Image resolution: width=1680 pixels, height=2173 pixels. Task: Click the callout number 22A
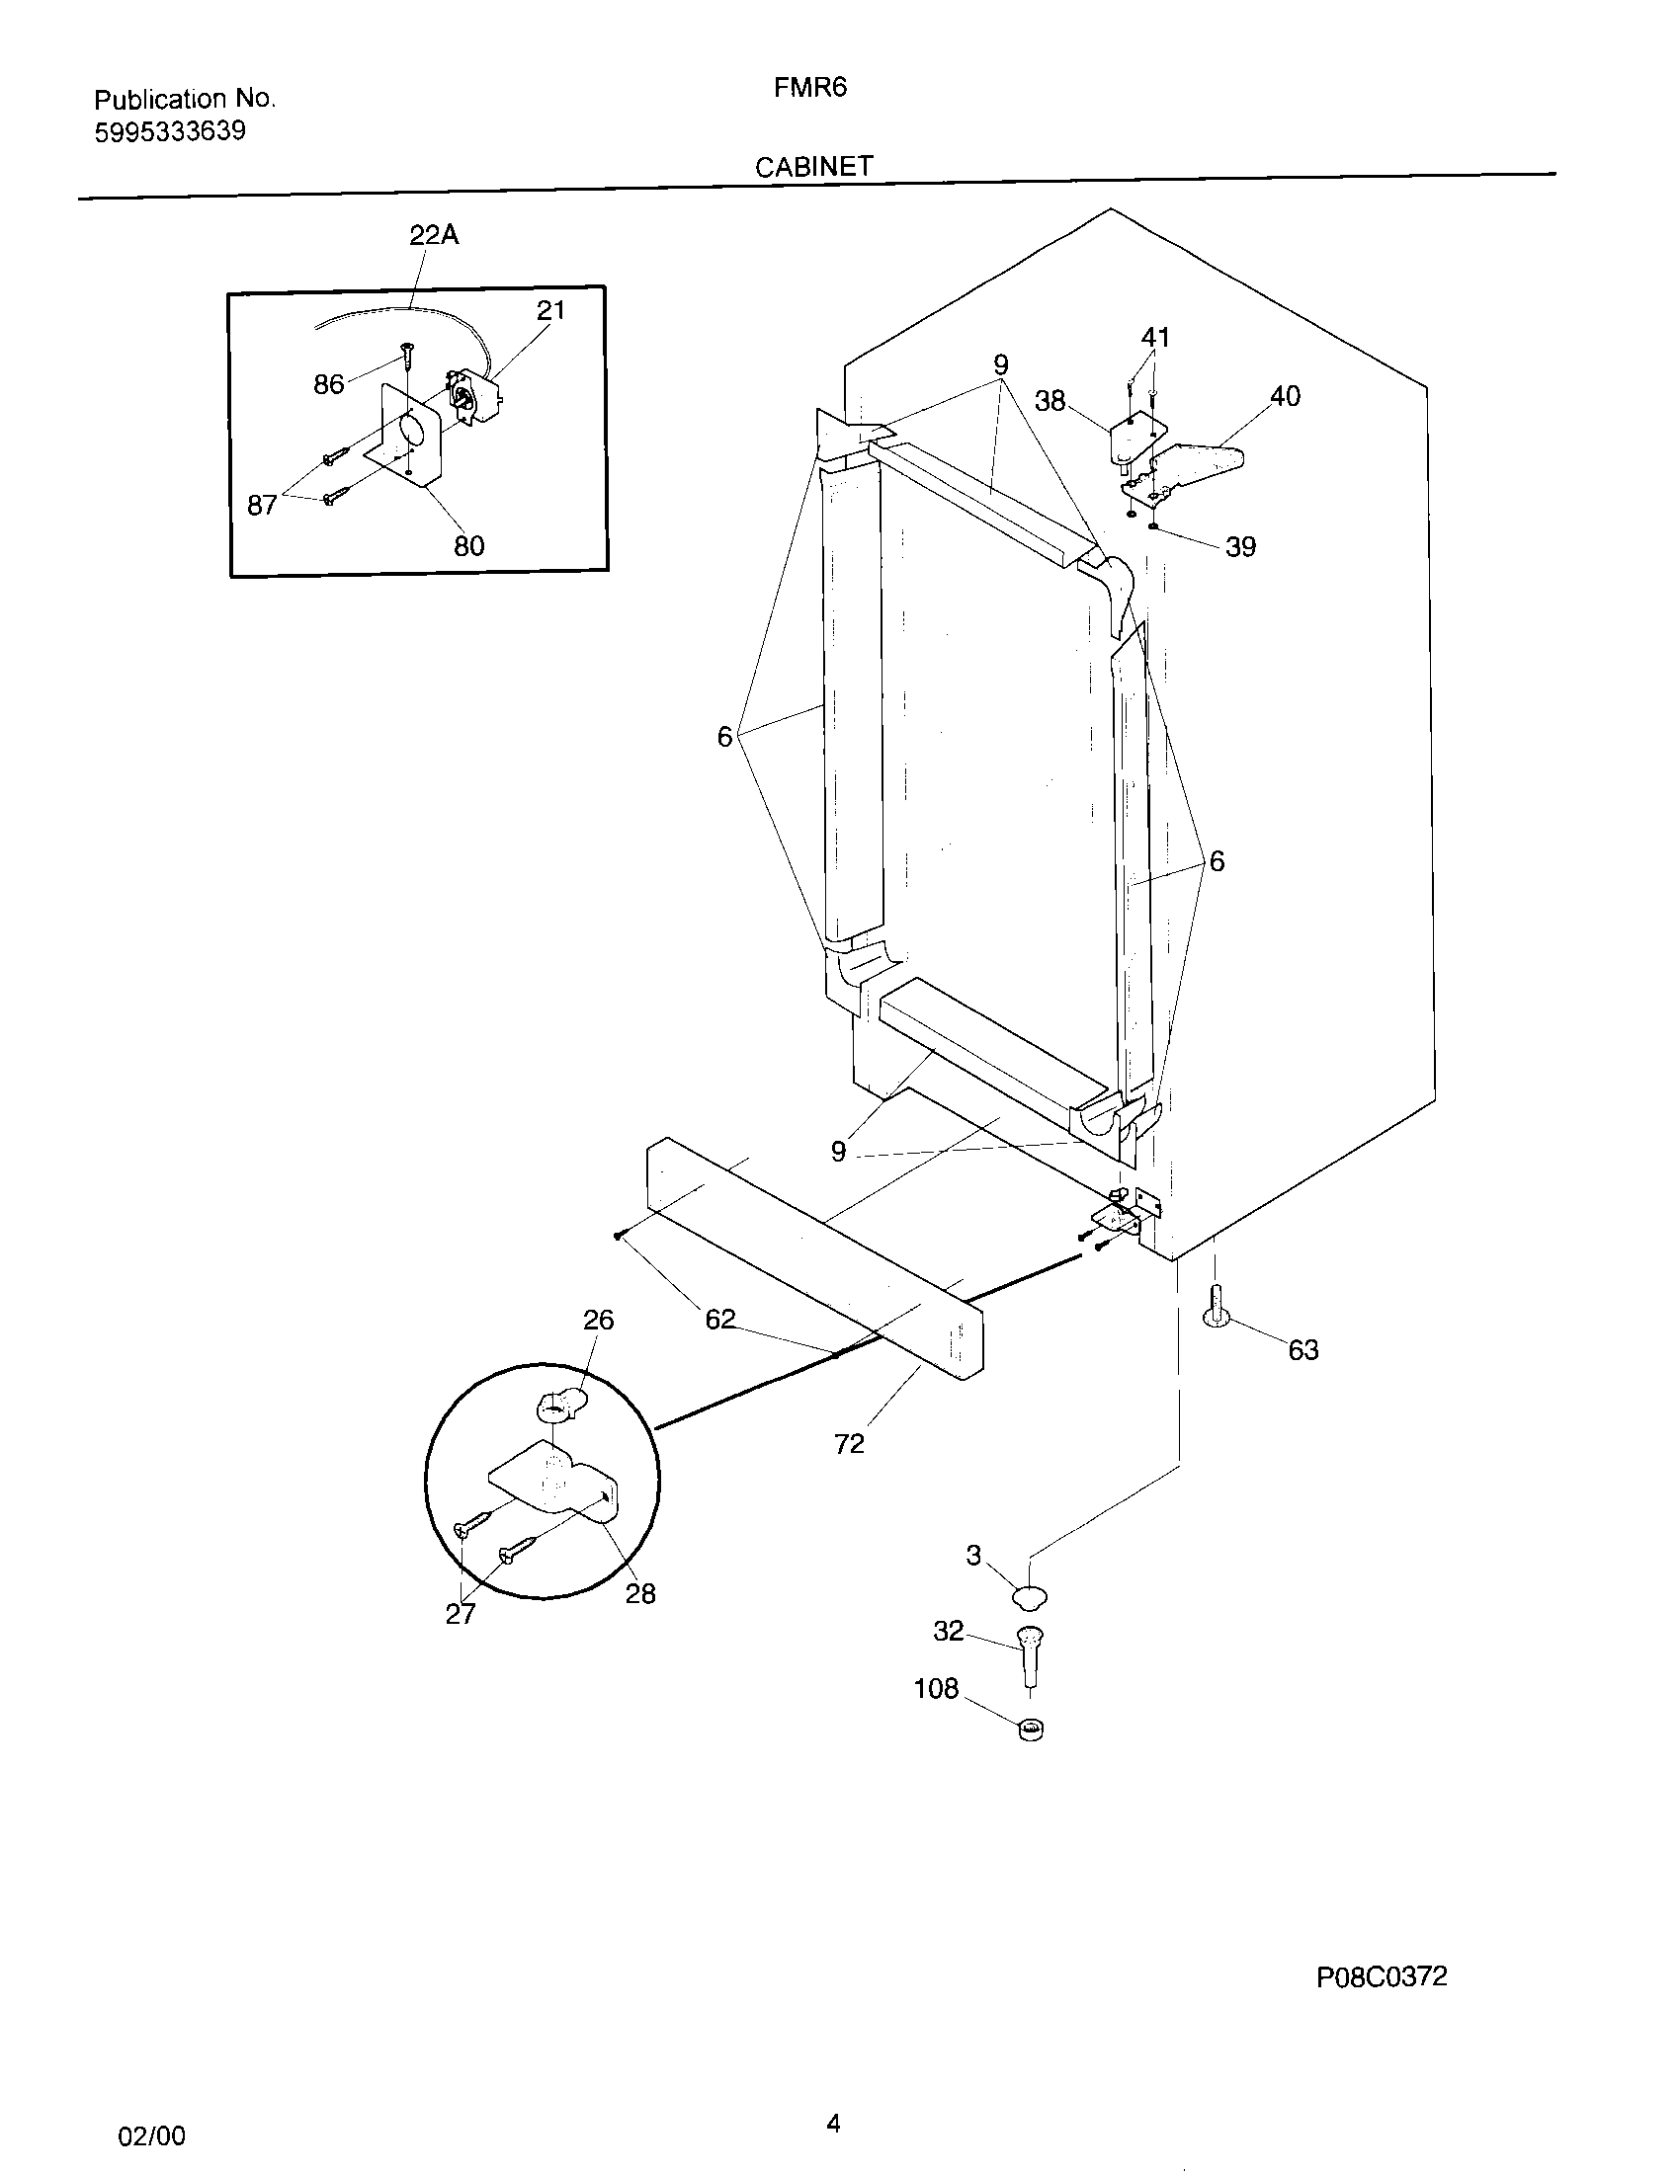[x=434, y=235]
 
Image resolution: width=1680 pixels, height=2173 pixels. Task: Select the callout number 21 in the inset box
[x=550, y=310]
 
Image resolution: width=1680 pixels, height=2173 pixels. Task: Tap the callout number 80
[x=468, y=545]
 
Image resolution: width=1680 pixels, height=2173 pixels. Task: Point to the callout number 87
[x=262, y=506]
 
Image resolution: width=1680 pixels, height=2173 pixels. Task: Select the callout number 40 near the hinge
[x=1285, y=396]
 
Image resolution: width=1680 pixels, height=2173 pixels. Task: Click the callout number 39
[x=1240, y=546]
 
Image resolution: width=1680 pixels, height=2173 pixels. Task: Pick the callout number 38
[x=1050, y=401]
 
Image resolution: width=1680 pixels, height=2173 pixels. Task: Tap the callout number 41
[x=1155, y=337]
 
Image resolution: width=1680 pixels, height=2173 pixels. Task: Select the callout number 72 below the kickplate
[x=849, y=1444]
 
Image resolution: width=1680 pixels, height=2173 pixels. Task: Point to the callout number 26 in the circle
[x=598, y=1321]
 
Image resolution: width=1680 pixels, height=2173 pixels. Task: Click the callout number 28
[x=640, y=1594]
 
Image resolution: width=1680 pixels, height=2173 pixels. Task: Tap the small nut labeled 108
[x=1031, y=1730]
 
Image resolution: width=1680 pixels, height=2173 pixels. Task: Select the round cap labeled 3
[x=1030, y=1597]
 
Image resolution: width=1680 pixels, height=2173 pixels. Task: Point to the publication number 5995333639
[x=170, y=132]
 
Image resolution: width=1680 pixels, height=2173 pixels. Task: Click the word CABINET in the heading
[x=813, y=167]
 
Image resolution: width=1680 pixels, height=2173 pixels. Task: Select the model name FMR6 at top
[x=810, y=88]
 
